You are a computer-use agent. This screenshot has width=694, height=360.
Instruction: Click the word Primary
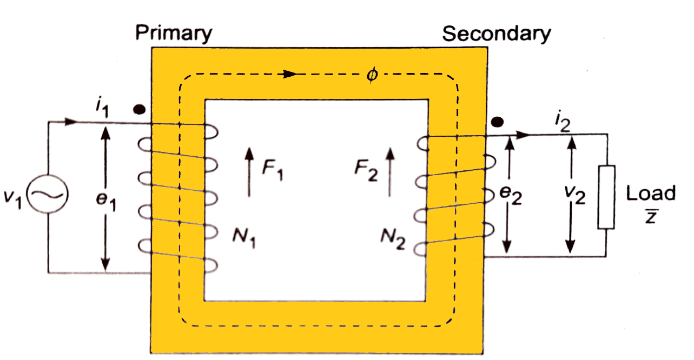[174, 34]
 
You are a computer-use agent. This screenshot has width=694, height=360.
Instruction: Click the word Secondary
[497, 34]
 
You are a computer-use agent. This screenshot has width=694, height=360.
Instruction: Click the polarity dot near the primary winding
[139, 109]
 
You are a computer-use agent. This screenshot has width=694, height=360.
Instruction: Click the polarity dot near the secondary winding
[497, 122]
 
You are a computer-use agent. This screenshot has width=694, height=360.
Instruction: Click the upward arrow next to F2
[389, 173]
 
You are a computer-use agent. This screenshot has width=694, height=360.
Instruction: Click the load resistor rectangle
[606, 197]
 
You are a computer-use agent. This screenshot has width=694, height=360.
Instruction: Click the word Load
[651, 194]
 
